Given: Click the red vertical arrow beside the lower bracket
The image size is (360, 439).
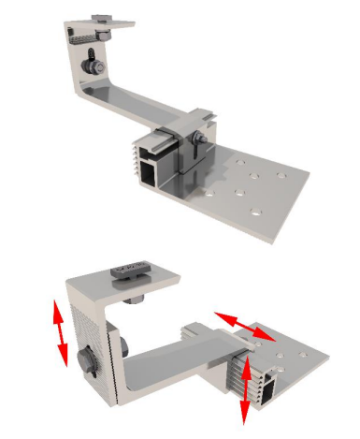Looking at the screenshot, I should pos(60,333).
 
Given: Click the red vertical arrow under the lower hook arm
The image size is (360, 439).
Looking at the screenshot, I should pos(247,389).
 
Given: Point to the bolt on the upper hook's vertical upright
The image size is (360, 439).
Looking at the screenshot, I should pos(92,67).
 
